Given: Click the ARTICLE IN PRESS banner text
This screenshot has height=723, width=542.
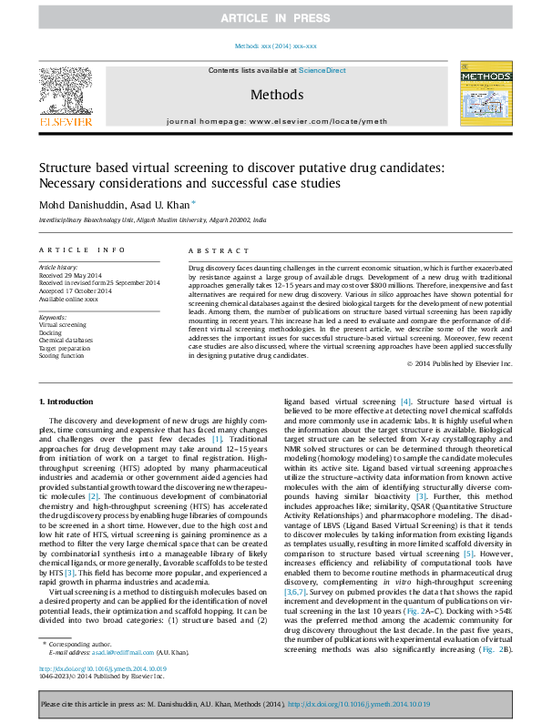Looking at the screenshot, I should [x=271, y=18].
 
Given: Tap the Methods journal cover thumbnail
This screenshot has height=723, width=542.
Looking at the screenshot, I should [x=480, y=95].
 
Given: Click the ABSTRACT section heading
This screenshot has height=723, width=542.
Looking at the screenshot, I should [x=212, y=249].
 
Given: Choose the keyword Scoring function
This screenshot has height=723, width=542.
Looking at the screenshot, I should [x=62, y=354].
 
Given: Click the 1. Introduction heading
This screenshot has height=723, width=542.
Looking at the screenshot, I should [x=69, y=402].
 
